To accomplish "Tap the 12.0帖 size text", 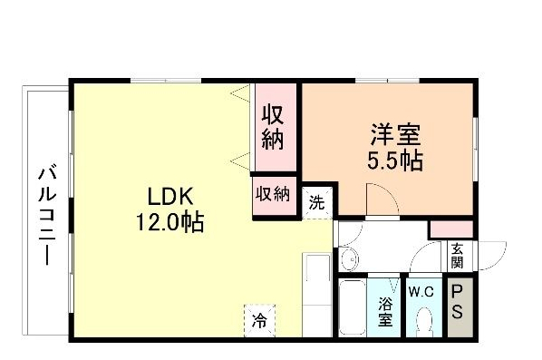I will [x=169, y=221].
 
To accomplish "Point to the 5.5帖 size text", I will [x=395, y=163].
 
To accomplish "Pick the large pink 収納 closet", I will [x=274, y=128].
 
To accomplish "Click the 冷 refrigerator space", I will [x=260, y=319].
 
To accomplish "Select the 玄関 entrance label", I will [x=457, y=257].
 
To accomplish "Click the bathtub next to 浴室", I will [x=352, y=308].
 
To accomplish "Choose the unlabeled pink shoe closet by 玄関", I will [x=450, y=229].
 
